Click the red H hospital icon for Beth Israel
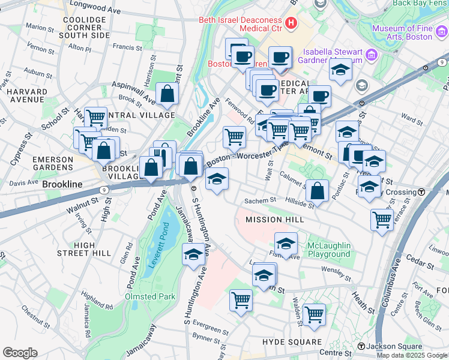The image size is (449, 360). [x=291, y=23]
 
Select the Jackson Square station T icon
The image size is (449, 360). [x=360, y=347]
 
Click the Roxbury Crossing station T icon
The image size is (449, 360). [x=421, y=193]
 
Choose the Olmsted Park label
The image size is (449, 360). [x=149, y=296]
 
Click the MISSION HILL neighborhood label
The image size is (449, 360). [x=274, y=220]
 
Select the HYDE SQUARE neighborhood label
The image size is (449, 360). [x=292, y=341]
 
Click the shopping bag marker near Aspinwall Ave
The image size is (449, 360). [x=167, y=94]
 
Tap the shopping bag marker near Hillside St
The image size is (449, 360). [x=317, y=191]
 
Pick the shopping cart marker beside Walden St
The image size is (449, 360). [x=314, y=314]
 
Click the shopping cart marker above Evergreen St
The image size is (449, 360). [x=241, y=299]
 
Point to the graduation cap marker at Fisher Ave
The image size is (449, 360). [x=286, y=244]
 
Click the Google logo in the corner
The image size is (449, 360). [x=19, y=353]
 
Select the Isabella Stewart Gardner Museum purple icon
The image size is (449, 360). [x=371, y=56]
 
